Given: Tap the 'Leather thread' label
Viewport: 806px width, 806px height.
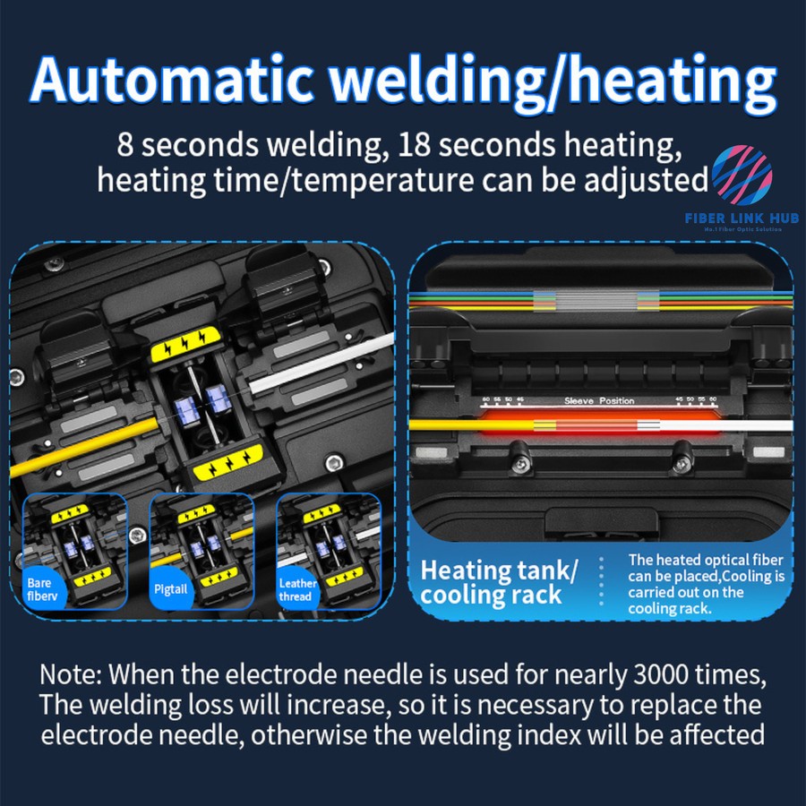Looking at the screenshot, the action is [x=297, y=589].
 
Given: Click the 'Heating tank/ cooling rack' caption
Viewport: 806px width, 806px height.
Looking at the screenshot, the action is [x=499, y=581].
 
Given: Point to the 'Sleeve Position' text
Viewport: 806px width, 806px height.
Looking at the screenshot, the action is [x=599, y=401].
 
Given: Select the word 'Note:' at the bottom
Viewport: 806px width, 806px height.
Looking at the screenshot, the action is [x=71, y=673].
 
